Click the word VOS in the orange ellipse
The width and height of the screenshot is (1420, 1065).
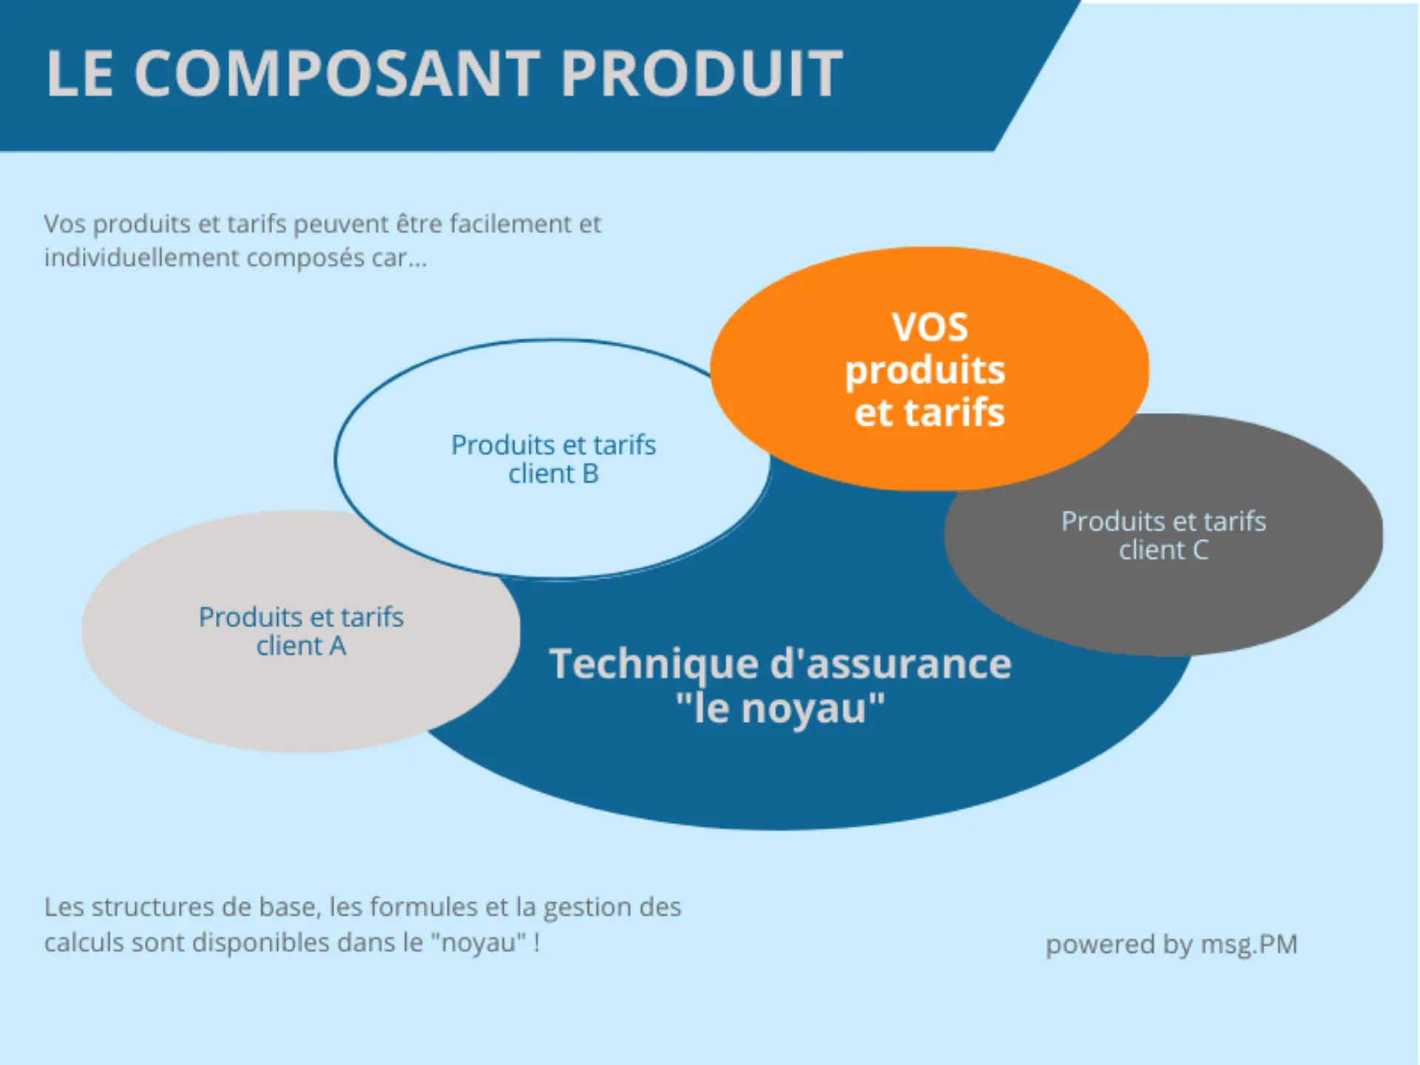pos(930,328)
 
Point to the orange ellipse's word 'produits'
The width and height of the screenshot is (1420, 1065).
pos(925,371)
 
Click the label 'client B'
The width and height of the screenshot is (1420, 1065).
pos(553,474)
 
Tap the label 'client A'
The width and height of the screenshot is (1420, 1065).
pos(301,646)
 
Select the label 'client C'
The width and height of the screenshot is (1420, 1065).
pos(1163,550)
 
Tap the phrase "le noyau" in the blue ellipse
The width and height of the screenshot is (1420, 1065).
pos(780,709)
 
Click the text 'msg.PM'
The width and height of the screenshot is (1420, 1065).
pos(1249,944)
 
